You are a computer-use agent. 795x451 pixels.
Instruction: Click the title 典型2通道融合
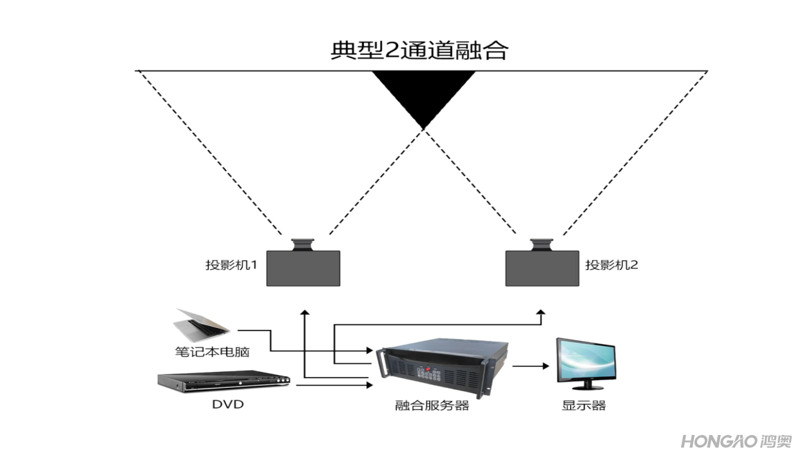[x=419, y=50]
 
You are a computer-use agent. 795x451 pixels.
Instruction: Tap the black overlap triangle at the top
[x=423, y=93]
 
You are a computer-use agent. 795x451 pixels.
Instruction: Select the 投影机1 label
[x=231, y=264]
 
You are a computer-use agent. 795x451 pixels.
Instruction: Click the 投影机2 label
[x=611, y=264]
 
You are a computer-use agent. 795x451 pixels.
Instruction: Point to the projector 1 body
[x=303, y=268]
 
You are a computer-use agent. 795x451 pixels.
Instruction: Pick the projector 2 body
[x=542, y=268]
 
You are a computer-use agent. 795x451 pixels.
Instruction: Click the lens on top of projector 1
[x=302, y=244]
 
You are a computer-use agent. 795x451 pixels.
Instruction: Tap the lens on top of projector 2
[x=541, y=244]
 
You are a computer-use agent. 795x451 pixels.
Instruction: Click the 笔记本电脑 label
[x=212, y=352]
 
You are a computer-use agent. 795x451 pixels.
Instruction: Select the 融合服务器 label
[x=432, y=406]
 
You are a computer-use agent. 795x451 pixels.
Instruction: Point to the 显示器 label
[x=584, y=406]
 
